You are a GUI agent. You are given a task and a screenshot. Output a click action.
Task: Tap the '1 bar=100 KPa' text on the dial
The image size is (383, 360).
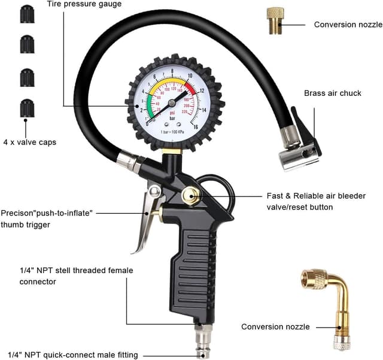point(171,131)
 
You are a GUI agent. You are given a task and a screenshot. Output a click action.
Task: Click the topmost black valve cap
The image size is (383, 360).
point(27,14)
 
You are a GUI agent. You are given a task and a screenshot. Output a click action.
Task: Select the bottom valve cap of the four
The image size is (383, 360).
point(27,108)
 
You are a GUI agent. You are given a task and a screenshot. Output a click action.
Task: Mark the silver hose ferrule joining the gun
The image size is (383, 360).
point(127,161)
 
